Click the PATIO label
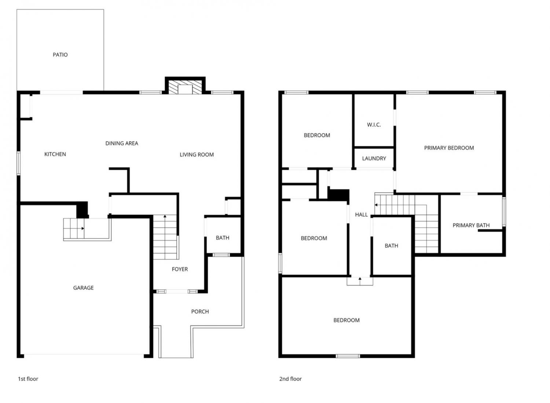tap(60, 55)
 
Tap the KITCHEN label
tap(55, 154)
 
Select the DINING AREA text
tap(121, 143)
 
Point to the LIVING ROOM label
tap(197, 155)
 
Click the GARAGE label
tap(83, 288)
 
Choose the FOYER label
tap(180, 269)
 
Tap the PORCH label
tap(200, 311)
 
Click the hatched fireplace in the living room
tap(185, 87)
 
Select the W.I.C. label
tap(374, 125)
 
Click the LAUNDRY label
tap(374, 159)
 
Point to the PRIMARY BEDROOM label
tap(449, 148)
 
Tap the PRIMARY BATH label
tap(471, 225)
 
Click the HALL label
tap(361, 215)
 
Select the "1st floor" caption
tap(28, 379)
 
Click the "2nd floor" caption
tap(290, 379)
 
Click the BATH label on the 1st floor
tap(223, 238)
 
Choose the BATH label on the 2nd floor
tap(391, 245)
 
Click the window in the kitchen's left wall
tap(19, 163)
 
